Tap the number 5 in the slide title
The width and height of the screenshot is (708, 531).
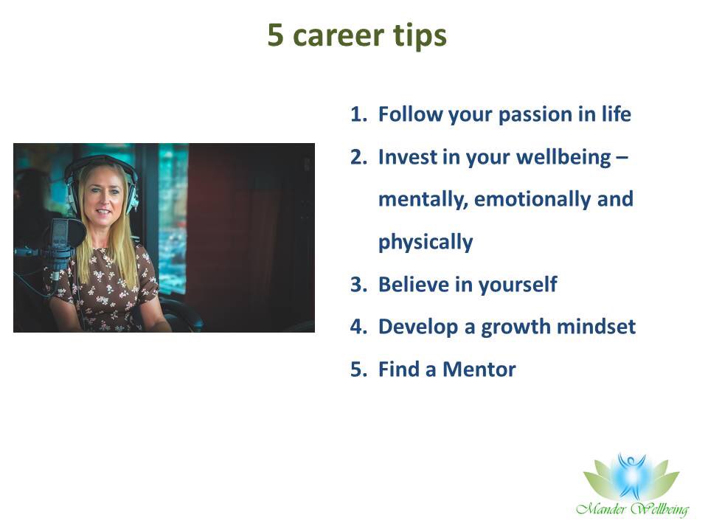275,35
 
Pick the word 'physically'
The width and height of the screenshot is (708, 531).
426,243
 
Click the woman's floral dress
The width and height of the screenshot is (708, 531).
111,288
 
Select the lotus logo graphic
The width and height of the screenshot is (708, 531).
631,477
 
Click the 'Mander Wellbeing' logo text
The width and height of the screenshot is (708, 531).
632,509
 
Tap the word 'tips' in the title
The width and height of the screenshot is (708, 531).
420,35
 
